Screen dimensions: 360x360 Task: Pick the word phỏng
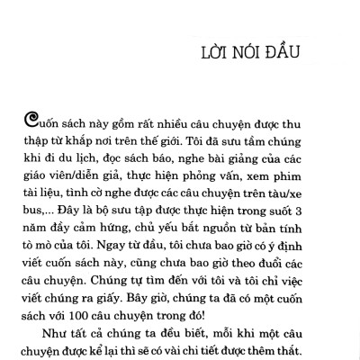point(205,175)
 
